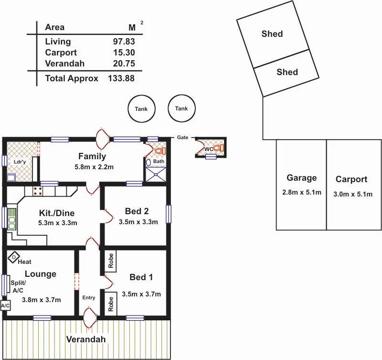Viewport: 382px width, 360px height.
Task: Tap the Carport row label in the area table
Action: coord(61,53)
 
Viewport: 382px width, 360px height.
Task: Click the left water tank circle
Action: coord(141,109)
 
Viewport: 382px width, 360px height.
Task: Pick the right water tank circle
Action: coord(181,109)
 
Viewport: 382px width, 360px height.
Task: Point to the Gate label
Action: coord(182,137)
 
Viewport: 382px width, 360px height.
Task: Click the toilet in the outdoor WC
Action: coord(218,148)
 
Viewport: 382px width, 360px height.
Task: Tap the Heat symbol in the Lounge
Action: coord(13,258)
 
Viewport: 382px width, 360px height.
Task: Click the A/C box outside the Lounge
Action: coord(5,305)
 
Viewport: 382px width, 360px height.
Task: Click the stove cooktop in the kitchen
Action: coord(37,191)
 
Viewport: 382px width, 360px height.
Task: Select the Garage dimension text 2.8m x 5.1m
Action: coord(301,193)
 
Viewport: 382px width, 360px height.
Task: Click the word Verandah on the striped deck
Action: coord(86,339)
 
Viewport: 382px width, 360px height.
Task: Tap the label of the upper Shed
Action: coord(272,34)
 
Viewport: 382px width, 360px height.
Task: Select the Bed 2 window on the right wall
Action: coord(169,214)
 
